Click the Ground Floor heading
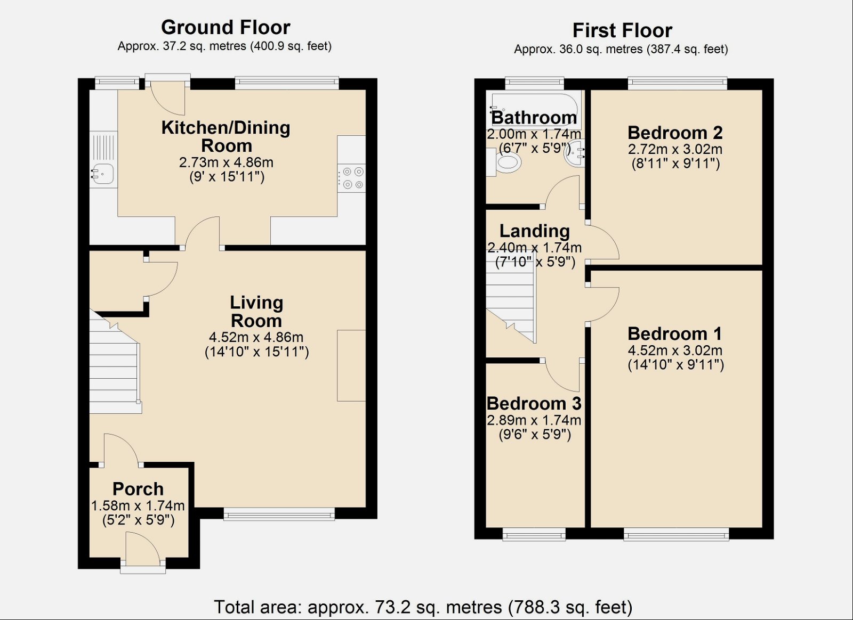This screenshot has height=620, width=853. [226, 27]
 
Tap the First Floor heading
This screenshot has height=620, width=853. [622, 30]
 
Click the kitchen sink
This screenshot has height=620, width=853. [102, 174]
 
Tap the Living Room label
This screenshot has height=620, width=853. [256, 312]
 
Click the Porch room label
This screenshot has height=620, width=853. [138, 488]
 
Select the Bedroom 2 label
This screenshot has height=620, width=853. [675, 132]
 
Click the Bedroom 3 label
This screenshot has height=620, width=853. [534, 403]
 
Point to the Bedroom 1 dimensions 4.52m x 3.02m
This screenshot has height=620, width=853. [675, 350]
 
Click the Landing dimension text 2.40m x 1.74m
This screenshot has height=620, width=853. [534, 248]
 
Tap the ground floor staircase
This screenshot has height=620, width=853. [114, 373]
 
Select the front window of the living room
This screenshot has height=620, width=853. [279, 514]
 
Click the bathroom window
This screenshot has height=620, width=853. [534, 83]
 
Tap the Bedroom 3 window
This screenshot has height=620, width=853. [534, 534]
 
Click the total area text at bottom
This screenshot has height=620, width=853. [423, 607]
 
